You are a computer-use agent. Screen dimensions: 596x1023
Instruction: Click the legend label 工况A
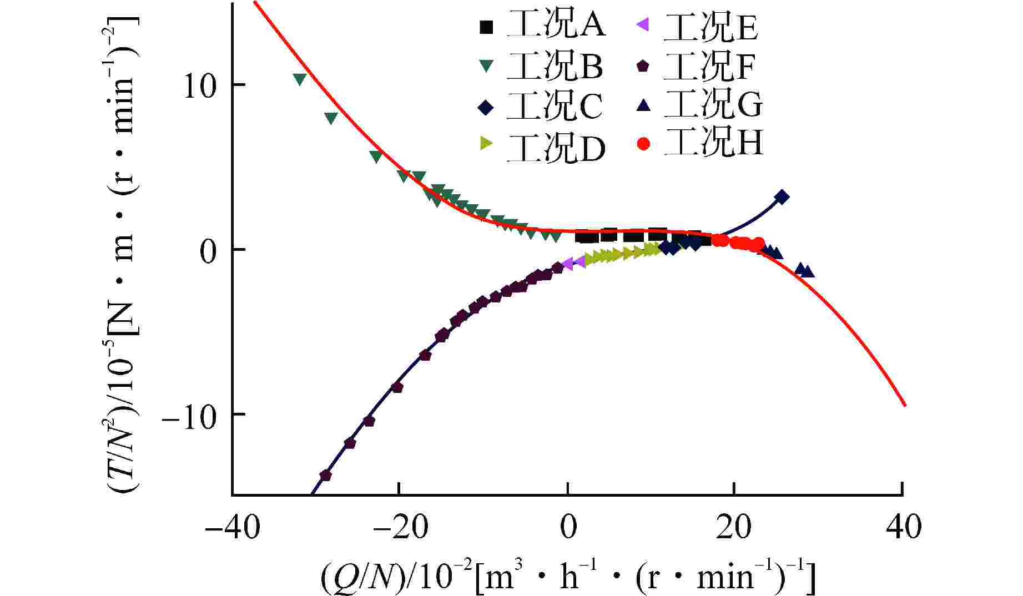556,26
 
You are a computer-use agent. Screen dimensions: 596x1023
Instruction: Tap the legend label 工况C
555,107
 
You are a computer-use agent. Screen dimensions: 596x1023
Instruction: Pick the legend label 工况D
556,147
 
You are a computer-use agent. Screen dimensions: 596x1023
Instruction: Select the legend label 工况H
714,143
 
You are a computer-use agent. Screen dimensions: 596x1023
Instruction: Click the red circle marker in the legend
644,144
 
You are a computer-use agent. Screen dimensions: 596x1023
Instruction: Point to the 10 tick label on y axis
200,87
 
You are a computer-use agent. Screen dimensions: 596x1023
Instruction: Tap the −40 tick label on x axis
232,527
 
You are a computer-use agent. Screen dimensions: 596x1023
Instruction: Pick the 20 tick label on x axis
734,527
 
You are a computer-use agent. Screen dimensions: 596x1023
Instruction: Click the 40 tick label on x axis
903,527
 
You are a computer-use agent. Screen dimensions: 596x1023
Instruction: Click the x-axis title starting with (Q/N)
567,577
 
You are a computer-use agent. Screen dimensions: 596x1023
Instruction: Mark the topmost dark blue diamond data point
782,197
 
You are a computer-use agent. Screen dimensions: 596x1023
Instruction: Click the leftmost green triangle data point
300,79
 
